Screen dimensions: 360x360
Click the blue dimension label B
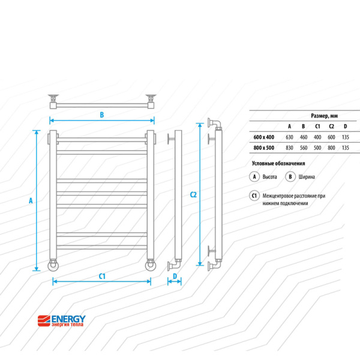102,115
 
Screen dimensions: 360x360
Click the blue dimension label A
31,200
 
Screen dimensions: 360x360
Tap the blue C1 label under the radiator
102,276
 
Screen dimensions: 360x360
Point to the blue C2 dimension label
193,194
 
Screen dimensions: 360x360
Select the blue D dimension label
175,276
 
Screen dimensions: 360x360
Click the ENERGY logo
62,321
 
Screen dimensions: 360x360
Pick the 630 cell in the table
289,137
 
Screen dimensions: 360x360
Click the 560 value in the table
304,148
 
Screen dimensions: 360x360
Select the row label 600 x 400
264,137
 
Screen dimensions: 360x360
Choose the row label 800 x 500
264,148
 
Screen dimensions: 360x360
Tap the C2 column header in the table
331,126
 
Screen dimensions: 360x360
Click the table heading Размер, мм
324,116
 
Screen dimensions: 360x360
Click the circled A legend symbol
254,177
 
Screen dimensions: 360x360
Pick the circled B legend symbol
290,177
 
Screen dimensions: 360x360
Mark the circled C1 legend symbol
254,196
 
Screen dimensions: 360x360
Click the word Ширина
307,177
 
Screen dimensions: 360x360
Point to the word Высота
269,177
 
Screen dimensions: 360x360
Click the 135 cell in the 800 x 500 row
346,148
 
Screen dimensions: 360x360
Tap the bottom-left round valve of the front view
53,265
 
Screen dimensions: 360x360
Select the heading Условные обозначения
278,163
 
